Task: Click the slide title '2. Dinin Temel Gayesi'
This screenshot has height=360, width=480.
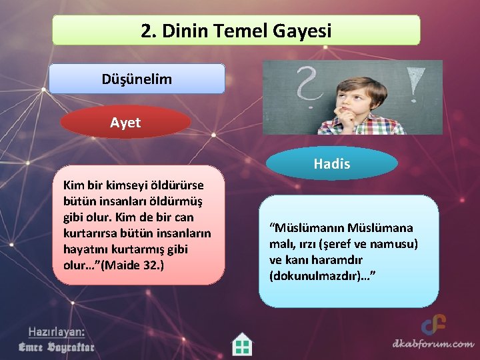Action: coord(236,31)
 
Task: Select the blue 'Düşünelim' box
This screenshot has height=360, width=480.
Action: coord(137,79)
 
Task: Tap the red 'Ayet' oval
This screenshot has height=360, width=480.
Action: coord(125,122)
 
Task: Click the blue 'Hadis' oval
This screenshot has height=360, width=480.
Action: coord(331,164)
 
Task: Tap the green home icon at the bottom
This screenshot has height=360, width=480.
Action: coord(242,345)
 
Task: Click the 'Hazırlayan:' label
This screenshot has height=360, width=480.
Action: coord(56,332)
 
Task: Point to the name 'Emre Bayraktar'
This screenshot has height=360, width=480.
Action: coord(56,347)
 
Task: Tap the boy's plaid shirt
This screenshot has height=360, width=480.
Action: coord(373,125)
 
